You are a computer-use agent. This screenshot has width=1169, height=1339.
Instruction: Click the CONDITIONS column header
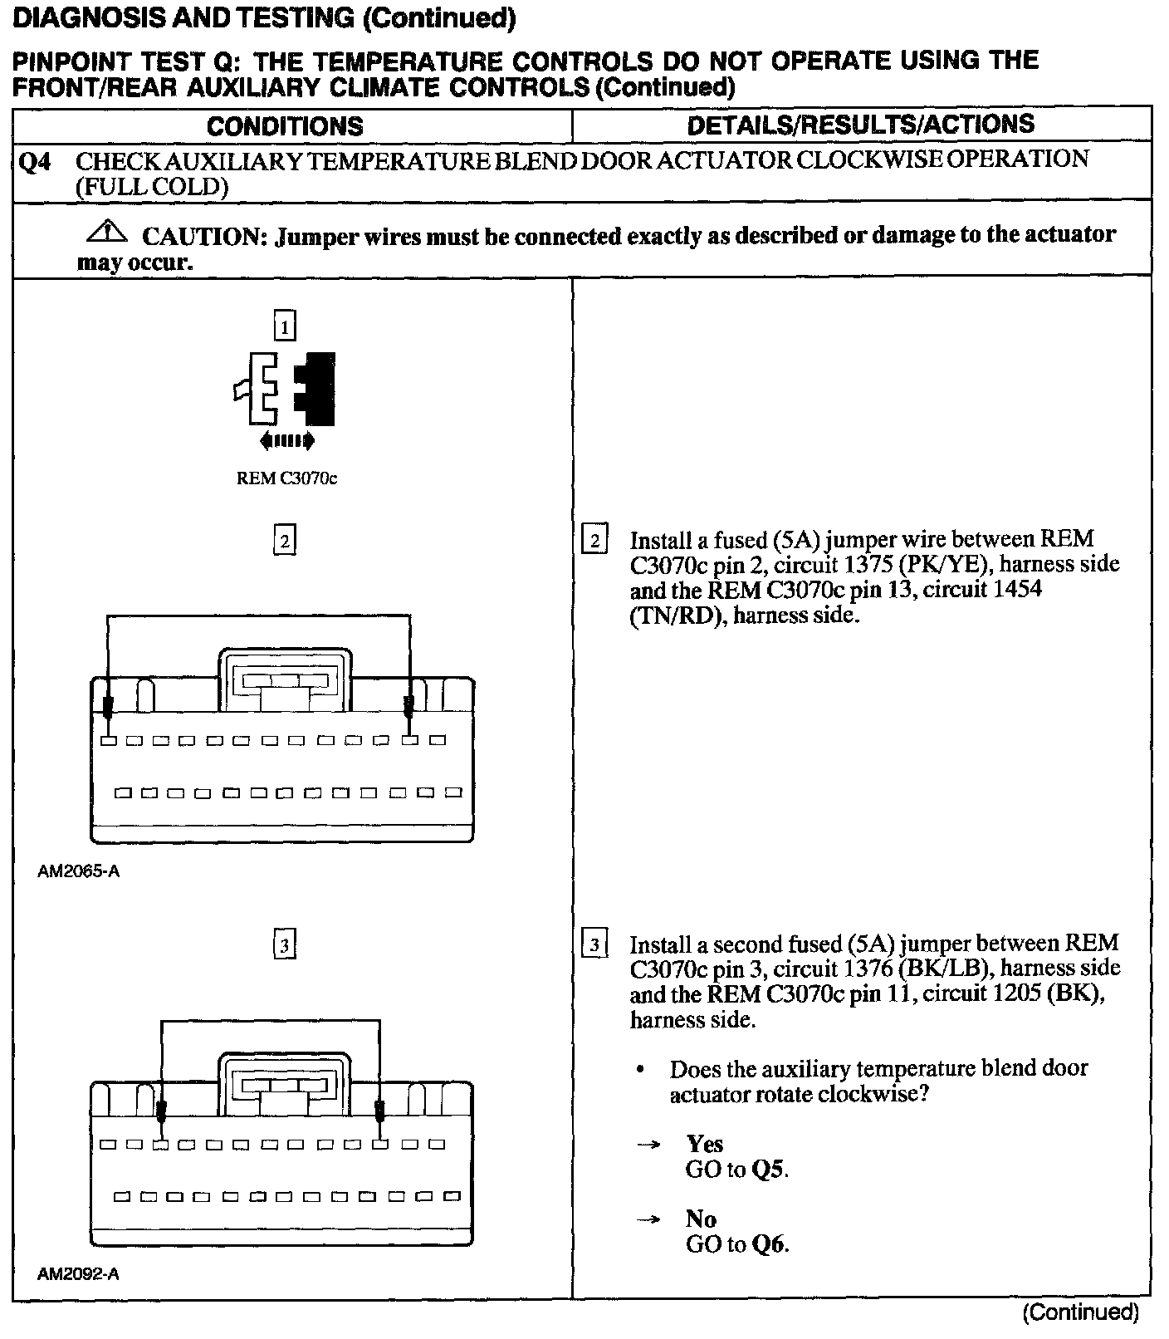tap(285, 126)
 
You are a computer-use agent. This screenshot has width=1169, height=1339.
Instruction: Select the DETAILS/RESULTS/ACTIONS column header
tap(861, 125)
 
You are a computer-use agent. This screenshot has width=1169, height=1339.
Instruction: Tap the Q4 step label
tap(34, 161)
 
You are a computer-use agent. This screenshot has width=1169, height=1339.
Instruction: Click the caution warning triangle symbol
tap(106, 232)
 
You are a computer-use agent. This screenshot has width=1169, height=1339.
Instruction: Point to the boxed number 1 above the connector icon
tap(285, 326)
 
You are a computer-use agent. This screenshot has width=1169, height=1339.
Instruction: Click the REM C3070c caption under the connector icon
tap(287, 478)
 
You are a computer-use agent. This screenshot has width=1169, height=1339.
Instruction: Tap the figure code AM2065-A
tap(78, 872)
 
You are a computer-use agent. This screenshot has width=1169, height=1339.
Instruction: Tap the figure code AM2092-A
tap(78, 1274)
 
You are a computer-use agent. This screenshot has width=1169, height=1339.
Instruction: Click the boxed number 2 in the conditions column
tap(285, 541)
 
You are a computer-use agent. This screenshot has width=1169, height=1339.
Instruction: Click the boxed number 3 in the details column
tap(594, 945)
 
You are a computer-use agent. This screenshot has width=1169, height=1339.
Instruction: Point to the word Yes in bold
tap(704, 1145)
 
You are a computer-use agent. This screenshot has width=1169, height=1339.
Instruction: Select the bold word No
tap(701, 1219)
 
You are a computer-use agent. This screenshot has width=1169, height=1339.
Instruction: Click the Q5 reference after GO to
tap(769, 1170)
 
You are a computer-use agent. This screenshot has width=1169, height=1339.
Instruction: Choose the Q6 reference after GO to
tap(769, 1244)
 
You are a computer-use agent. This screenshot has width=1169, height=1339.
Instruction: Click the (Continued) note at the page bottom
tap(1080, 1312)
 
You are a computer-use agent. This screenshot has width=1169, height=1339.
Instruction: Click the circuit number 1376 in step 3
tap(867, 969)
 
